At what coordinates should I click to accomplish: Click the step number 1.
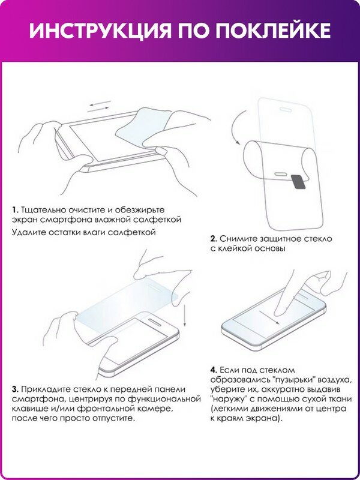[x=14, y=210]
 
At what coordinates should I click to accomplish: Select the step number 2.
[x=213, y=239]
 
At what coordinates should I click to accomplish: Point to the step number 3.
[x=14, y=389]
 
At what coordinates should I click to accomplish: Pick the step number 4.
[x=213, y=369]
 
